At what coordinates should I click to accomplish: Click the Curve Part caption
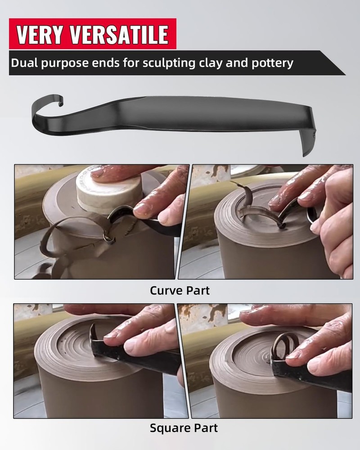click(x=180, y=291)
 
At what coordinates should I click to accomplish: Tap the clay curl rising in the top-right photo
click(x=245, y=202)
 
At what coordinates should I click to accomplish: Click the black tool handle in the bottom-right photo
click(x=315, y=373)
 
